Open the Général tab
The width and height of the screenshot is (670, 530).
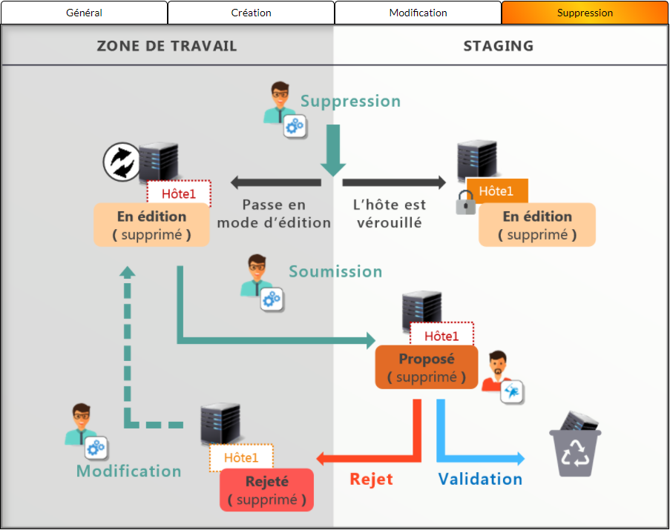(x=84, y=13)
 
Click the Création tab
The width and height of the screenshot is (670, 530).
(x=251, y=13)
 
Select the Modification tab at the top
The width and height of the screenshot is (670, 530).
(x=418, y=13)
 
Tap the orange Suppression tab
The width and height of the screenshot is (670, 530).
(x=585, y=13)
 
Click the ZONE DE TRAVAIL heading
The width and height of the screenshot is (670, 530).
(x=167, y=46)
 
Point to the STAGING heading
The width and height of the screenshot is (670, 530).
(x=499, y=46)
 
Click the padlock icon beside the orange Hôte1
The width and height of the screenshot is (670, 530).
(x=466, y=202)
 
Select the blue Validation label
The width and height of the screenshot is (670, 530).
(x=480, y=479)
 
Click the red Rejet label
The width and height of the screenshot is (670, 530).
(x=371, y=479)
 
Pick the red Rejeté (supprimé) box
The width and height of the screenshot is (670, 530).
(x=266, y=490)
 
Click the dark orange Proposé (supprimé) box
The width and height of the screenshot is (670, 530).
(x=427, y=368)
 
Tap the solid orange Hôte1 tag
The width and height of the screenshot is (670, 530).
(x=496, y=191)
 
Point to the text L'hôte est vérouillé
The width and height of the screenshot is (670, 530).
(x=389, y=213)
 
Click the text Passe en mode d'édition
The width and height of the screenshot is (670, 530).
(x=274, y=213)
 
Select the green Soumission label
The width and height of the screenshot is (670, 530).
(x=335, y=272)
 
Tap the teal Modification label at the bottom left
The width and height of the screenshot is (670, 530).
(x=128, y=471)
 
